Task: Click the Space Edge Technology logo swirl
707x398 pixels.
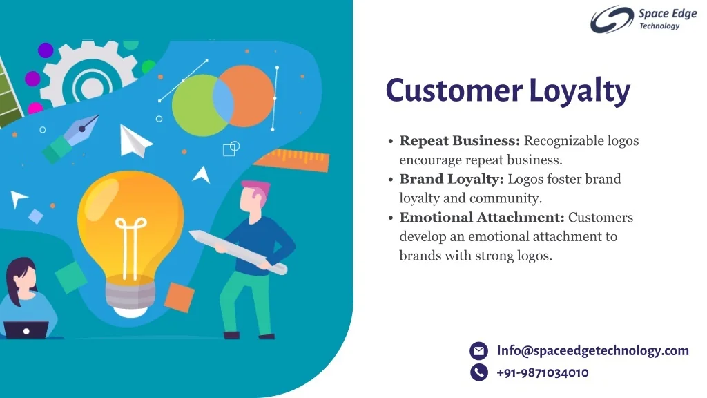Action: point(611,19)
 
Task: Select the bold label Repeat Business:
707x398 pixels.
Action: point(460,141)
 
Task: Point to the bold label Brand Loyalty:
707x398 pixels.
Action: point(452,179)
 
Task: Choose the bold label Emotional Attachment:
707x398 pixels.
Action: point(482,218)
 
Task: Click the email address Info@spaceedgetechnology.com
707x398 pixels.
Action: point(592,350)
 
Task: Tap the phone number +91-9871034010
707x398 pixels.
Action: point(542,373)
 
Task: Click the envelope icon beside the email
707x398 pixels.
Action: point(478,351)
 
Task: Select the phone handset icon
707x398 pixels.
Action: point(478,373)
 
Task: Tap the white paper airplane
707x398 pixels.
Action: point(134,141)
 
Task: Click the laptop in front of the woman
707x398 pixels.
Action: point(26,330)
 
